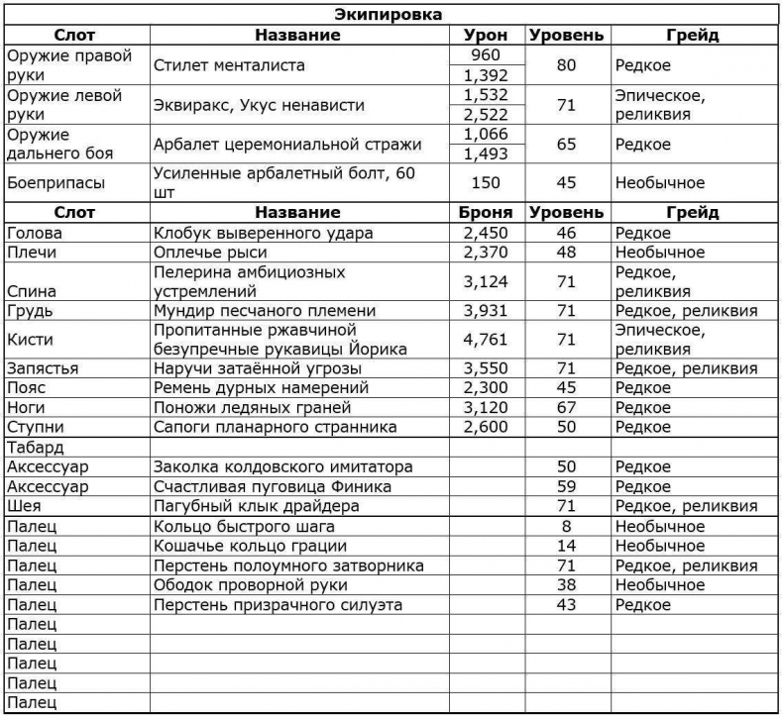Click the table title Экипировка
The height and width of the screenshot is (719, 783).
click(x=392, y=15)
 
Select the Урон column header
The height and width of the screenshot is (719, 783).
click(x=486, y=35)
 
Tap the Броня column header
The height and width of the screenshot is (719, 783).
click(x=486, y=212)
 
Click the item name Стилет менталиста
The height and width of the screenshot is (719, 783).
click(x=229, y=65)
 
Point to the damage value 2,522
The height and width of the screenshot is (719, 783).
click(x=486, y=114)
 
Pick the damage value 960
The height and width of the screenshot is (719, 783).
click(x=486, y=55)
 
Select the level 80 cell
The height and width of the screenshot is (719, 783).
click(x=566, y=65)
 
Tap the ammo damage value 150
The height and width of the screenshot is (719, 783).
click(x=486, y=183)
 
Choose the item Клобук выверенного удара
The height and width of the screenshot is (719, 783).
click(x=264, y=233)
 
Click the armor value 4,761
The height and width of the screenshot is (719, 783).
click(x=486, y=340)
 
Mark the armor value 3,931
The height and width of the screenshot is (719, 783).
click(x=486, y=310)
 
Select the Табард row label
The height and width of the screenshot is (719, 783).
click(x=35, y=447)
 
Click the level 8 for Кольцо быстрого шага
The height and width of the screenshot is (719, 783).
click(x=566, y=526)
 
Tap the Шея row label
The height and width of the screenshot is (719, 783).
click(x=24, y=506)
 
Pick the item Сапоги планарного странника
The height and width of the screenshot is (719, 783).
click(x=275, y=427)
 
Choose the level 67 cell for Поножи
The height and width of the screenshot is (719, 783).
click(x=566, y=407)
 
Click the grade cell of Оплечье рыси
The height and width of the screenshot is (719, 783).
click(x=659, y=252)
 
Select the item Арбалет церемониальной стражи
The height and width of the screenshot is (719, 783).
click(x=287, y=144)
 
